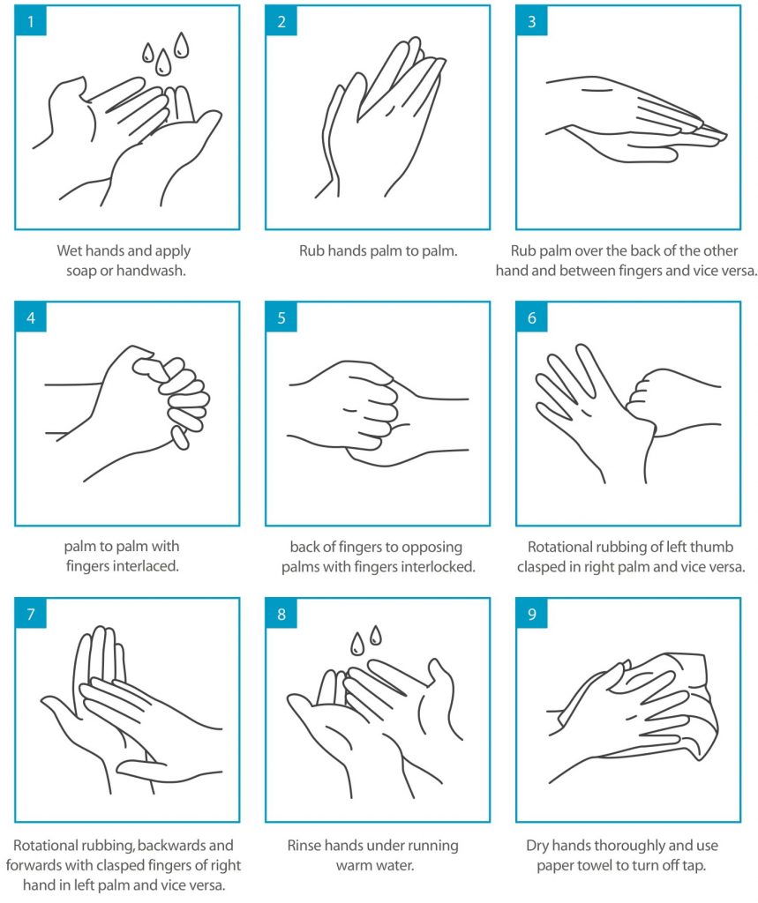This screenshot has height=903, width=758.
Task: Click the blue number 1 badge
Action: coord(31,21)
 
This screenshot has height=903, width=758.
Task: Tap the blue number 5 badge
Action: coord(281,318)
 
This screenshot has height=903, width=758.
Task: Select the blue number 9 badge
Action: coord(532,615)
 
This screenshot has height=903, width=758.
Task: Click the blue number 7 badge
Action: coord(31,615)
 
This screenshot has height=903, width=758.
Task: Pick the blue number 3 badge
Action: coord(532,21)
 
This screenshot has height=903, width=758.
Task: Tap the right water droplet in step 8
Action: coord(376,635)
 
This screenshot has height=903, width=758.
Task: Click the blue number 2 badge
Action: coord(281,21)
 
